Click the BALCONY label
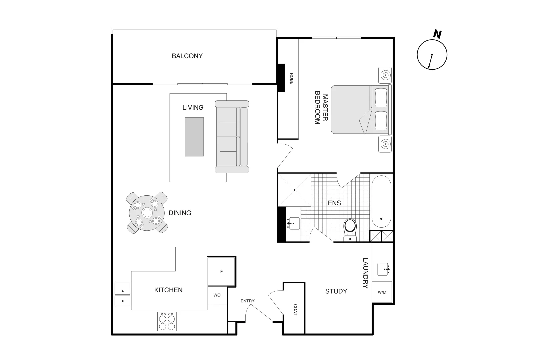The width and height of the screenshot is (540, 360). (187, 56)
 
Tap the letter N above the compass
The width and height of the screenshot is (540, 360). (437, 34)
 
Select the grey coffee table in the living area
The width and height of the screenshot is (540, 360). (194, 137)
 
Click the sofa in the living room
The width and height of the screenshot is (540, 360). (232, 137)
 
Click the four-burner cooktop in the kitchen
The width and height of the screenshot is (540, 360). (167, 322)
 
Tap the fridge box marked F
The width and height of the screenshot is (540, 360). (221, 271)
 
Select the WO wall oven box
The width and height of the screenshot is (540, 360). (217, 295)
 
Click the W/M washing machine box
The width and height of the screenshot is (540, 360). (382, 292)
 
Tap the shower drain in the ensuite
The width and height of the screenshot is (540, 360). (295, 190)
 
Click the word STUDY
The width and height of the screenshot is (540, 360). (336, 291)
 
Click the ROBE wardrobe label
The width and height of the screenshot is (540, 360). (291, 79)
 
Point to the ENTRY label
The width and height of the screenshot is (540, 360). (247, 301)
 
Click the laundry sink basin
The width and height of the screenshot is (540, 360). (383, 269)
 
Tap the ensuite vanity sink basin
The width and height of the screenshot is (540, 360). (294, 223)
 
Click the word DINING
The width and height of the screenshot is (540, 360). (180, 213)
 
